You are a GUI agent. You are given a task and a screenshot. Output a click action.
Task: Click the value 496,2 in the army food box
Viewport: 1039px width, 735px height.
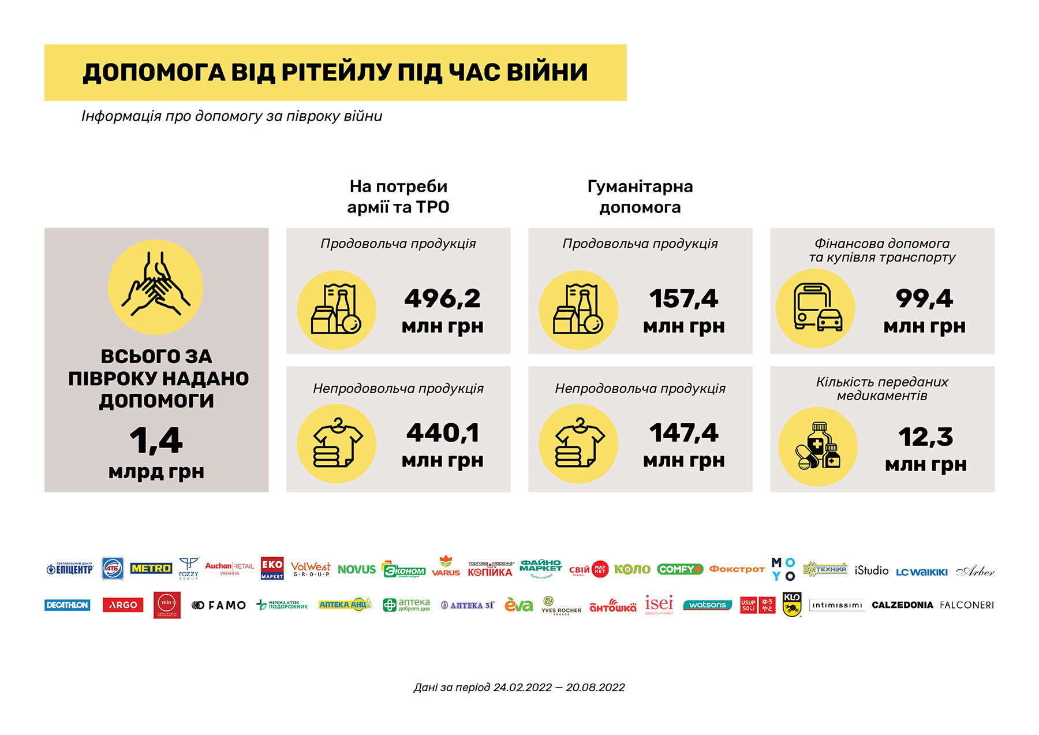pyautogui.click(x=442, y=299)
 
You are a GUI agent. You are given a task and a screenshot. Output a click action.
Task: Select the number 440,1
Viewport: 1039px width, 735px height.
pyautogui.click(x=443, y=433)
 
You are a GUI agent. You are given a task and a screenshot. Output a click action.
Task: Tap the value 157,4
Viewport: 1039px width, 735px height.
pyautogui.click(x=683, y=299)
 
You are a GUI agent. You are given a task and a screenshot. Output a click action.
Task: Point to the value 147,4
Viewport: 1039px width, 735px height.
pyautogui.click(x=683, y=433)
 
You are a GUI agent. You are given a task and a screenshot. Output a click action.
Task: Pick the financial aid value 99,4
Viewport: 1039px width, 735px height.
pyautogui.click(x=924, y=299)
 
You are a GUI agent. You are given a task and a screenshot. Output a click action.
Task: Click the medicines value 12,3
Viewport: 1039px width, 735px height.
pyautogui.click(x=925, y=437)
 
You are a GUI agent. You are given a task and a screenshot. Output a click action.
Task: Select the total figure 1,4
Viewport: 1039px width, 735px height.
pyautogui.click(x=156, y=441)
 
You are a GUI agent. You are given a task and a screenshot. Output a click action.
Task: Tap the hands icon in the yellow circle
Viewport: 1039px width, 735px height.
pyautogui.click(x=156, y=287)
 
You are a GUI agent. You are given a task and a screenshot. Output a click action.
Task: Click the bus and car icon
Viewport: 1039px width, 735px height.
pyautogui.click(x=815, y=308)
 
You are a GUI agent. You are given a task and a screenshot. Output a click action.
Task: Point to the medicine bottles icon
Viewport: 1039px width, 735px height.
pyautogui.click(x=817, y=446)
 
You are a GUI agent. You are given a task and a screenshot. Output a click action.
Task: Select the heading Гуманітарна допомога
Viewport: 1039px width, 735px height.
pyautogui.click(x=640, y=197)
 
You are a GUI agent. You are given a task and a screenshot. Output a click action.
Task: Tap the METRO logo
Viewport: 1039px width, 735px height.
pyautogui.click(x=151, y=569)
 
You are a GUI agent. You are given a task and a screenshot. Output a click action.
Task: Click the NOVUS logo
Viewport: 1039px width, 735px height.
pyautogui.click(x=356, y=570)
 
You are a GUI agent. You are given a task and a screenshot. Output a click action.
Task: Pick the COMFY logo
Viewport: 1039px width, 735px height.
pyautogui.click(x=679, y=569)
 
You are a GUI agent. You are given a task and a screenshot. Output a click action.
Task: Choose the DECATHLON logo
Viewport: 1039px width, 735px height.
pyautogui.click(x=67, y=605)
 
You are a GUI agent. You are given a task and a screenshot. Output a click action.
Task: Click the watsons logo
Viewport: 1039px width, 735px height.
pyautogui.click(x=707, y=605)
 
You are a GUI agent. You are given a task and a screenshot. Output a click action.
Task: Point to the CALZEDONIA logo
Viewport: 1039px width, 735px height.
pyautogui.click(x=902, y=605)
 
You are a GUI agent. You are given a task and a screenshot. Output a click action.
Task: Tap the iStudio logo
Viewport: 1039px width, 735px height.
pyautogui.click(x=871, y=570)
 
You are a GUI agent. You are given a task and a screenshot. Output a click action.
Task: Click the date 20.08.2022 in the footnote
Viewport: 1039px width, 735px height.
pyautogui.click(x=595, y=688)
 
